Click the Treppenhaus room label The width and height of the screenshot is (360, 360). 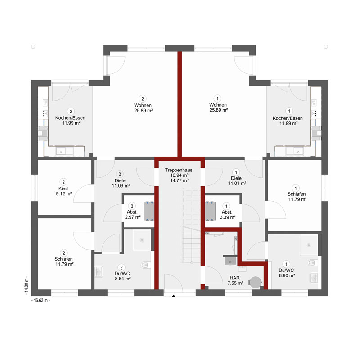(179, 170)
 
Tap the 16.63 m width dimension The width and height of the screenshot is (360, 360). (40, 300)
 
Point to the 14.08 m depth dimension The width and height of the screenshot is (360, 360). (27, 285)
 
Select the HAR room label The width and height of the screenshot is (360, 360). (234, 278)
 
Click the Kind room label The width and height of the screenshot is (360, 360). (63, 189)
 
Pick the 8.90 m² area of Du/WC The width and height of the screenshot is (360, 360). (287, 275)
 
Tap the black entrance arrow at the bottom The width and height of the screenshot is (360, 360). (174, 296)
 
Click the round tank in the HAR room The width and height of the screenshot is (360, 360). (255, 282)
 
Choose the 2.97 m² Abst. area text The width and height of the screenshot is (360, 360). (133, 217)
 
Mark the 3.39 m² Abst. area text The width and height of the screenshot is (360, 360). (228, 217)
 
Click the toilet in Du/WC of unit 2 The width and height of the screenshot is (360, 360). (145, 265)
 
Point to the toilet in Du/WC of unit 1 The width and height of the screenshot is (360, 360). (312, 263)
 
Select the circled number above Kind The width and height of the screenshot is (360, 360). (63, 182)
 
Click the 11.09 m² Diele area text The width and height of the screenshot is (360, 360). (121, 186)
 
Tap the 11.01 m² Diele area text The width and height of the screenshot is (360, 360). (237, 184)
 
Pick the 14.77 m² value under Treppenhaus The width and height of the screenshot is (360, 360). (179, 180)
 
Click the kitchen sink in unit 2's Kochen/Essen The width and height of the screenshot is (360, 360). (64, 152)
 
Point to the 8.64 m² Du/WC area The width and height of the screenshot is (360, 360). (123, 279)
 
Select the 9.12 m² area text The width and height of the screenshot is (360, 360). (64, 194)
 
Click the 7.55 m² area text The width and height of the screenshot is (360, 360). (235, 283)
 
